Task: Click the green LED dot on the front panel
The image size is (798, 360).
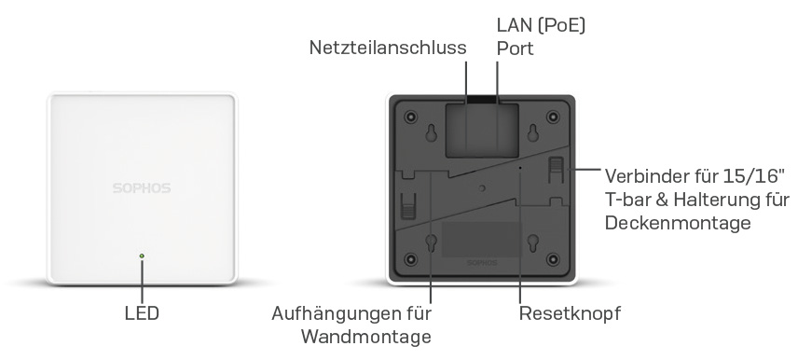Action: coord(142,255)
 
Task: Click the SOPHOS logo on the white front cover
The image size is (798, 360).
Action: coord(141,187)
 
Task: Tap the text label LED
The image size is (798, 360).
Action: coord(142,313)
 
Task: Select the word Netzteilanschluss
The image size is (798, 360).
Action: coord(388,47)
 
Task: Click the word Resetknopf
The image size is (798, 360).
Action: coord(569,313)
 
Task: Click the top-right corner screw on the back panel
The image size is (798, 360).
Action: coord(553,118)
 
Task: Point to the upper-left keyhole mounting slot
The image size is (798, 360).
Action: coord(432,135)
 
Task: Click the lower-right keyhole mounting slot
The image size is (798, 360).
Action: coord(532,243)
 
